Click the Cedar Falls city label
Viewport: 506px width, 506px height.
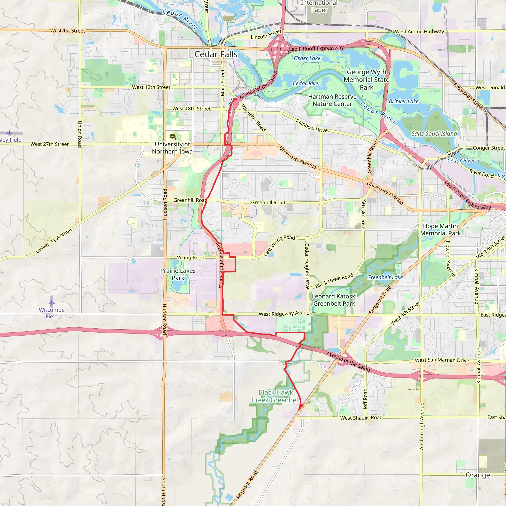pyautogui.click(x=216, y=54)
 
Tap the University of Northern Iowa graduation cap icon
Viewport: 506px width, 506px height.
pyautogui.click(x=172, y=136)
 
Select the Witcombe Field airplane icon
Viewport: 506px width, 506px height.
pyautogui.click(x=52, y=302)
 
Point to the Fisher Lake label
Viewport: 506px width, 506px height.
pyautogui.click(x=307, y=58)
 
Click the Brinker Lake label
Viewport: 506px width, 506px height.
pyautogui.click(x=404, y=101)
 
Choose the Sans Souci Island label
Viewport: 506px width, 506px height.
pyautogui.click(x=434, y=134)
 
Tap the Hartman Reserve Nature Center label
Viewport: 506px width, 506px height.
pyautogui.click(x=332, y=100)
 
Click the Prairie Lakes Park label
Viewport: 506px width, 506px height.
pyautogui.click(x=178, y=274)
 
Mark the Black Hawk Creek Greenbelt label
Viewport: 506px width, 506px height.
pyautogui.click(x=276, y=396)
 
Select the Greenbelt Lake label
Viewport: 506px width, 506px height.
pyautogui.click(x=385, y=277)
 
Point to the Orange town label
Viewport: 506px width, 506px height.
pyautogui.click(x=478, y=475)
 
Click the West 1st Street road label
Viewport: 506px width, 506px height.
pyautogui.click(x=67, y=31)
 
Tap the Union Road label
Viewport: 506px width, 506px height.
pyautogui.click(x=80, y=134)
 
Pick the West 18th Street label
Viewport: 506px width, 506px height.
pyautogui.click(x=191, y=109)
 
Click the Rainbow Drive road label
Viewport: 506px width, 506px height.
pyautogui.click(x=312, y=126)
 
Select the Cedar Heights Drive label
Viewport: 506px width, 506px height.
pyautogui.click(x=307, y=266)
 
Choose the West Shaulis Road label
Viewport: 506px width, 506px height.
pyautogui.click(x=361, y=418)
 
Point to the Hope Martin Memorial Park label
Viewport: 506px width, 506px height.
pyautogui.click(x=441, y=230)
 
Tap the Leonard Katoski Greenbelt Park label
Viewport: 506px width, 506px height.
pyautogui.click(x=334, y=300)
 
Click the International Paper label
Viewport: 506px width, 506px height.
pyautogui.click(x=319, y=7)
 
